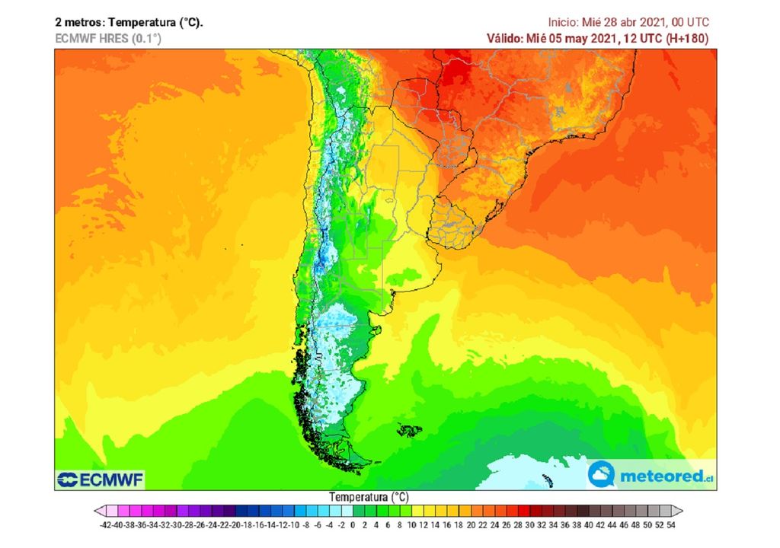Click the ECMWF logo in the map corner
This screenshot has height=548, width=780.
tap(101, 479)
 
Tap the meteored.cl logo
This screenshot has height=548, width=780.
tap(653, 475)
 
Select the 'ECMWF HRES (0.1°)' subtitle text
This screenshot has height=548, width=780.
tap(108, 38)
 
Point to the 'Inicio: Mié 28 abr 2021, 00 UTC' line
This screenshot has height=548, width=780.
tap(629, 22)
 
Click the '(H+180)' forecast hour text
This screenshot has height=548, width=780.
tap(689, 38)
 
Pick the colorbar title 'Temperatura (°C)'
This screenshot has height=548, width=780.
tap(369, 496)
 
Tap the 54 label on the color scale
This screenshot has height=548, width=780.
tap(670, 524)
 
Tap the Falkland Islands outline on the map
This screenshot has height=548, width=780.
tap(410, 431)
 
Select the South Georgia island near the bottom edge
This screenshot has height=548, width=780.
tap(547, 480)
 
